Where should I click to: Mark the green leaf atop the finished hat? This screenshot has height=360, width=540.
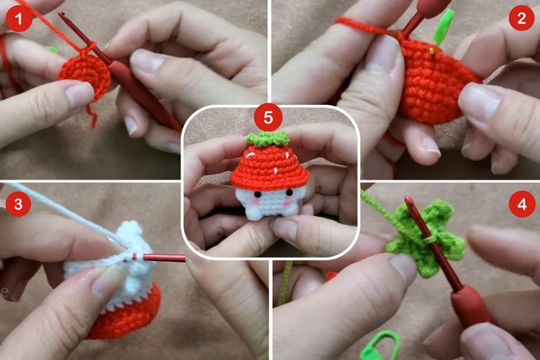(x=267, y=138)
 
